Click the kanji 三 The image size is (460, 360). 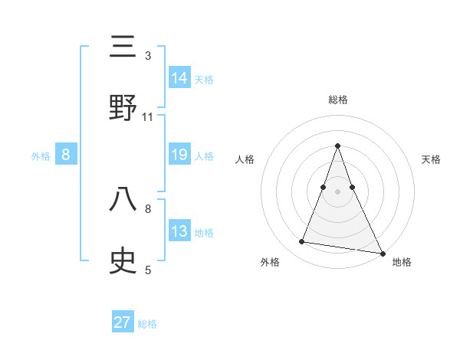[123, 47]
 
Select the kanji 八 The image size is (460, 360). [123, 200]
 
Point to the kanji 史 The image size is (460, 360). [123, 260]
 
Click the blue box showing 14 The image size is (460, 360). [179, 77]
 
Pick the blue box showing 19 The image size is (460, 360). [179, 155]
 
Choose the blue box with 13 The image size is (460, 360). [179, 231]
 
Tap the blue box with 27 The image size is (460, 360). [123, 322]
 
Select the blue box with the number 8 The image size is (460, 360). [66, 155]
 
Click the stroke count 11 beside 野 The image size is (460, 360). [148, 117]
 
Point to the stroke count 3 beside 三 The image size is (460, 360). [148, 56]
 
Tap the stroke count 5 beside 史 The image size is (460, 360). [148, 270]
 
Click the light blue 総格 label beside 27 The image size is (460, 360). [147, 324]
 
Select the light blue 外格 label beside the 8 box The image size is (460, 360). [41, 156]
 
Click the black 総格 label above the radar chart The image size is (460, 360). [338, 100]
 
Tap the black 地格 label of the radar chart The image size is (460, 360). [402, 263]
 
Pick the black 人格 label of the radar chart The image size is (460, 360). [245, 159]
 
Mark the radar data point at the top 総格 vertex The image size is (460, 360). [337, 146]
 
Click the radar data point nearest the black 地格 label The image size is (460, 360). [381, 252]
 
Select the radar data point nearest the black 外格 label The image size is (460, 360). [302, 242]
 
